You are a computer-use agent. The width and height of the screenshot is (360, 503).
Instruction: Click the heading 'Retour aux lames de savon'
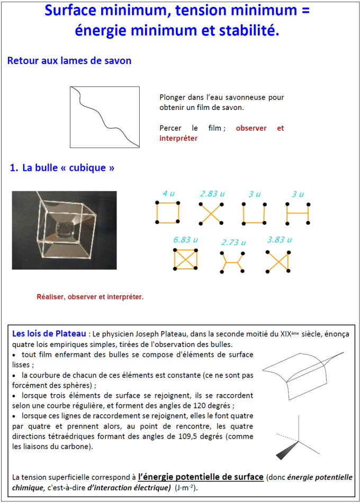click(69, 61)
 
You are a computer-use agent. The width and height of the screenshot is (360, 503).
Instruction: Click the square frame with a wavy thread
click(105, 117)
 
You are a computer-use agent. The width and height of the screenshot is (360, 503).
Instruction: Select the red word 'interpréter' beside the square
click(178, 139)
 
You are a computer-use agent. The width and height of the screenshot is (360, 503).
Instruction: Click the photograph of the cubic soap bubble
click(64, 230)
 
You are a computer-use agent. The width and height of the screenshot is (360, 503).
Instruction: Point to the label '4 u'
click(168, 194)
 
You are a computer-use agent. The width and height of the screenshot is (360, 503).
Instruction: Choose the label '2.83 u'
click(212, 194)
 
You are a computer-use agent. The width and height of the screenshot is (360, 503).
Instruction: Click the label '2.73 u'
click(233, 242)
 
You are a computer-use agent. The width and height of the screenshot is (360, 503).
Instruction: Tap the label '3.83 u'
click(280, 240)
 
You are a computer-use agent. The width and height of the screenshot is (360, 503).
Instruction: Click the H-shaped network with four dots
click(298, 213)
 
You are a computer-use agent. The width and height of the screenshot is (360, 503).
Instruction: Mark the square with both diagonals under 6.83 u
click(185, 260)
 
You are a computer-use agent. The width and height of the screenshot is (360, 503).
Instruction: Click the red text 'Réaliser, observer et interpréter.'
click(90, 297)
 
